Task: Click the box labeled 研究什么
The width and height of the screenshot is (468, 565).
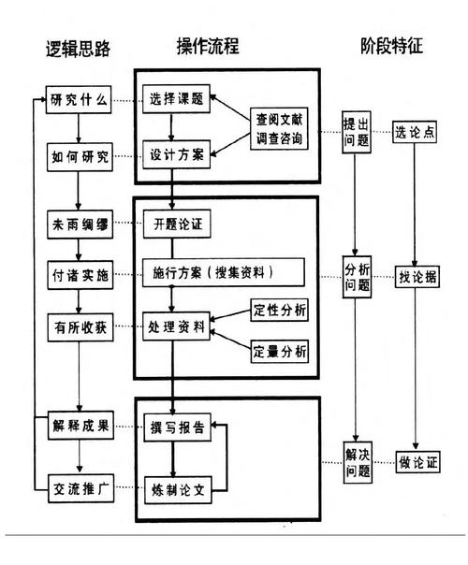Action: [x=80, y=100]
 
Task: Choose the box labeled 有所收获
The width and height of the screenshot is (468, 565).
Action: [x=80, y=326]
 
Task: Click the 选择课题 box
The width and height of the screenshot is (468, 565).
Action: [x=175, y=100]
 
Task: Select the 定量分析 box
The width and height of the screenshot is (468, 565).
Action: [x=279, y=352]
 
